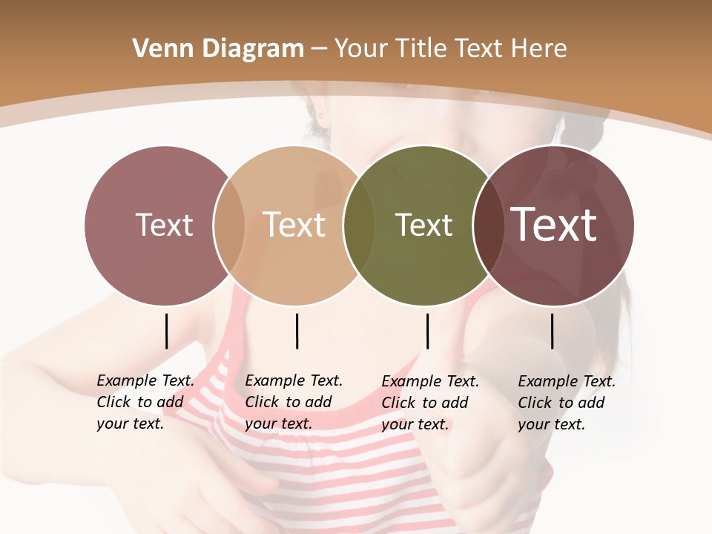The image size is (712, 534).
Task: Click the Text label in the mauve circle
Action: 164,225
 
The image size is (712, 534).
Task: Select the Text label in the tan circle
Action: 294,225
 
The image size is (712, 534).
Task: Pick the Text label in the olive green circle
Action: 423,225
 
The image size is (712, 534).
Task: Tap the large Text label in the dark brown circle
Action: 554,225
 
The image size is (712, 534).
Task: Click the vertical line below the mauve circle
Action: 166,331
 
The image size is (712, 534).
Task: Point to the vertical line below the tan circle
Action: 297,331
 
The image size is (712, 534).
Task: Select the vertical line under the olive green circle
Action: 427,331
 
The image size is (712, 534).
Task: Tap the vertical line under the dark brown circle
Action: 552,331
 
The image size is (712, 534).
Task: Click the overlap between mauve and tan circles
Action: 229,225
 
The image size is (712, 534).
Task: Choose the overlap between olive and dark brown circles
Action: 486,225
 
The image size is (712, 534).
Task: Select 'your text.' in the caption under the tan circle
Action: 278,424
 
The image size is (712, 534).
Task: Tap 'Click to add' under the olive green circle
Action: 425,403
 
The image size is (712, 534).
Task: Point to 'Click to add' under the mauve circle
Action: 140,403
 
